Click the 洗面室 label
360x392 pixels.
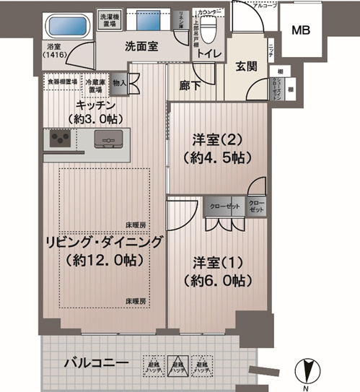[142, 48]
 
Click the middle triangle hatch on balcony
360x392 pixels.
[177, 365]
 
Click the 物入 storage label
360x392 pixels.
[120, 83]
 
